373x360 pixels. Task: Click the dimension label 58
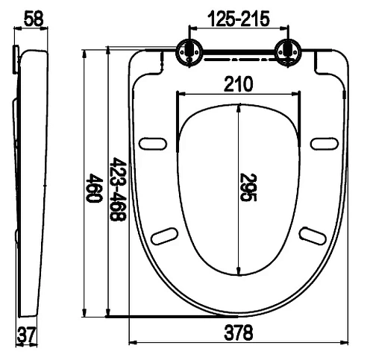click(34, 19)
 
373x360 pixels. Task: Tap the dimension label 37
click(27, 334)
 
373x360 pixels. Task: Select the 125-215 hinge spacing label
click(239, 19)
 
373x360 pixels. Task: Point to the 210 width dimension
click(238, 84)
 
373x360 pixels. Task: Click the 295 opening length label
click(248, 187)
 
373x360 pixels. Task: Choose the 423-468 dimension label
click(118, 189)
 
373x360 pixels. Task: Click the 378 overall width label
click(239, 332)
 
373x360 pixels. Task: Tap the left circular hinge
click(189, 53)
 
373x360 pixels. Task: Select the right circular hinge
click(288, 53)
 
